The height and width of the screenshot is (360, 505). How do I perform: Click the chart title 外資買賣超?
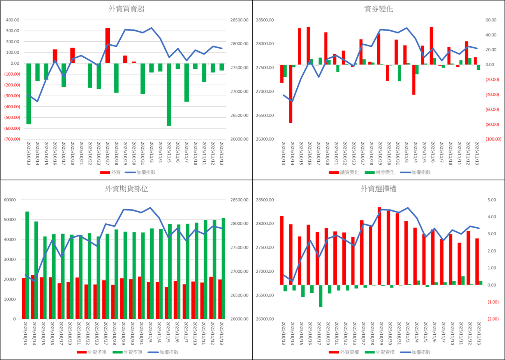[x=127, y=9]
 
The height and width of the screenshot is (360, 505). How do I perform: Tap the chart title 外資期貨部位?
[x=127, y=189]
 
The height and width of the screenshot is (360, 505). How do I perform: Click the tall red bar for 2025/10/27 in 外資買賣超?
[x=107, y=45]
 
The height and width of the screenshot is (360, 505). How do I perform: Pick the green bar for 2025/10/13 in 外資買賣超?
[x=28, y=94]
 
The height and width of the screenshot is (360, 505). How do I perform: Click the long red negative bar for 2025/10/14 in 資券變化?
[x=290, y=94]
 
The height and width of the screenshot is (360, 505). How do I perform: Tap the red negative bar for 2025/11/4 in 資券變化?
[x=414, y=79]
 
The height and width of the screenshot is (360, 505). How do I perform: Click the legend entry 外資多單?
[x=94, y=352]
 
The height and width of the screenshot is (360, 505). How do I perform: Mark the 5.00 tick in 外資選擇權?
[x=491, y=200]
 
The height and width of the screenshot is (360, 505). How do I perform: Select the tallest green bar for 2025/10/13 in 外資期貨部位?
[x=27, y=265]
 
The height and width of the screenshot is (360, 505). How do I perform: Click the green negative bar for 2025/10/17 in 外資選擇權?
[x=320, y=296]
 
